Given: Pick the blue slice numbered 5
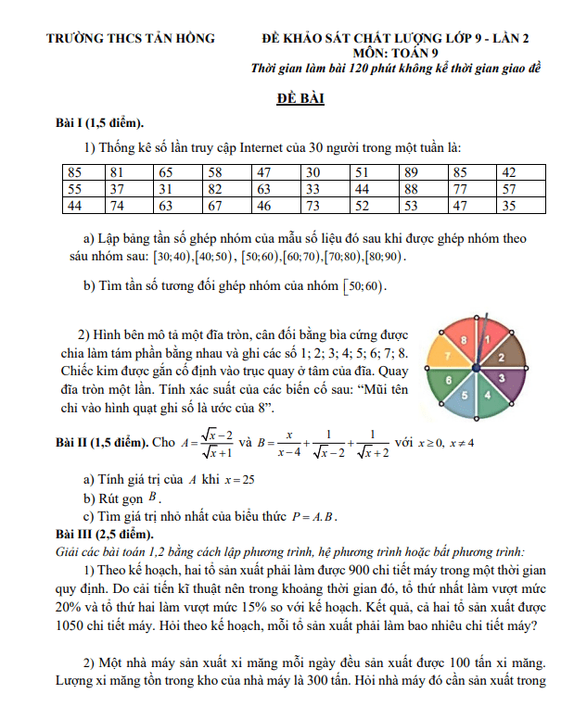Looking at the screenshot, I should (x=465, y=396).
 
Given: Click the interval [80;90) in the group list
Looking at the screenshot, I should (x=384, y=256).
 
